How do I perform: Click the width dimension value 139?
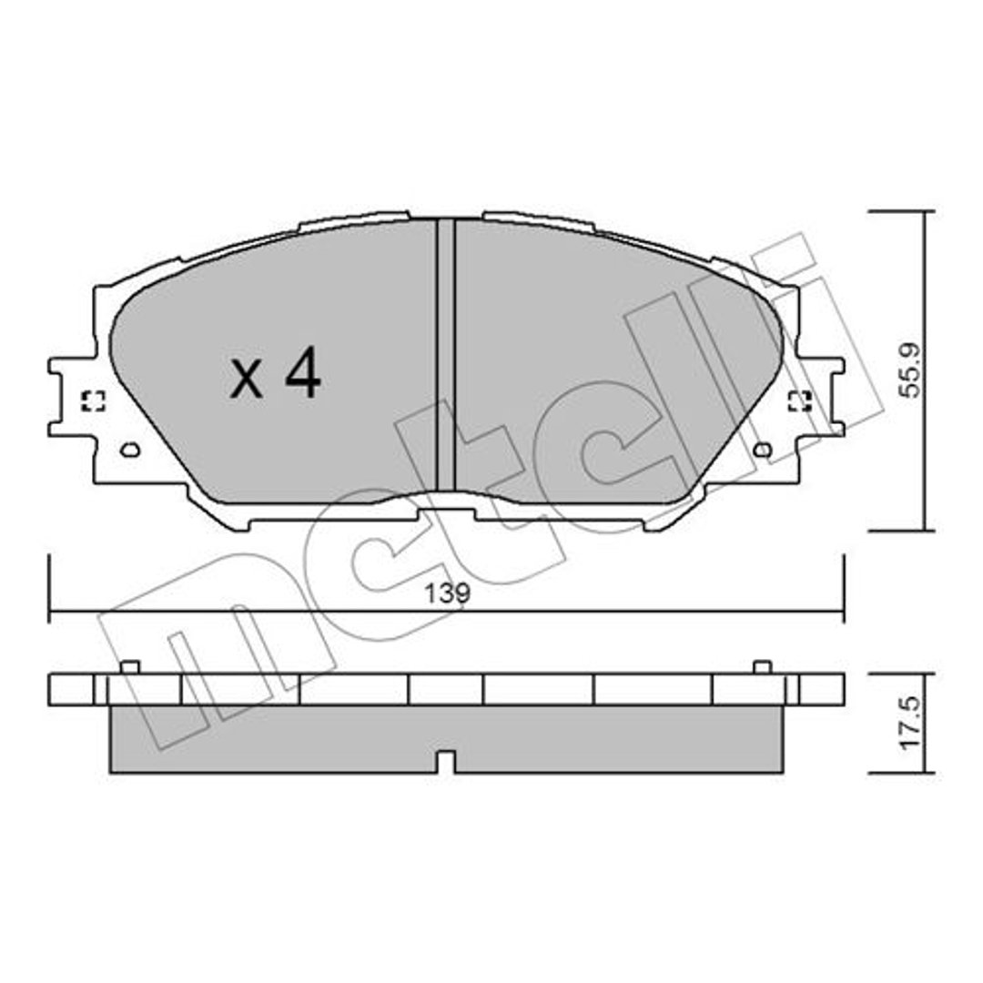pos(447,593)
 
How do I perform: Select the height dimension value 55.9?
pos(910,370)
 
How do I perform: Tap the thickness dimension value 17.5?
pos(910,722)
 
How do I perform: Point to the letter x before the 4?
pos(247,380)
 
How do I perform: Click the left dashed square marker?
pos(94,401)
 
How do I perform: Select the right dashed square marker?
pos(800,401)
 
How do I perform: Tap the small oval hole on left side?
pos(130,450)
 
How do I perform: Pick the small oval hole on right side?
pos(764,450)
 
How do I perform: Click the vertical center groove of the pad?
pos(445,355)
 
